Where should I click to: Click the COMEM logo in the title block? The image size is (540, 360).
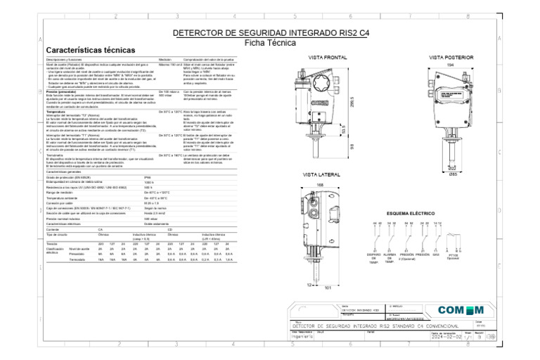click(461, 311)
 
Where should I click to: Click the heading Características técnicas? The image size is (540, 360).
click(91, 51)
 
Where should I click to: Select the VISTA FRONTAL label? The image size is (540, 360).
click(328, 56)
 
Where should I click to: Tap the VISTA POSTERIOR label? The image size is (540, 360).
click(451, 56)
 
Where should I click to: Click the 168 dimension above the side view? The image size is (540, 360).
click(321, 185)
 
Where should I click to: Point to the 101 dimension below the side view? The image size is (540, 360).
click(328, 286)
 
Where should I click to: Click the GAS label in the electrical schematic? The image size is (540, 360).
click(436, 255)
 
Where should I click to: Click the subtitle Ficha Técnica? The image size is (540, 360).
click(270, 42)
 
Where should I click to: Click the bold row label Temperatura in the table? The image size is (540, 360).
click(56, 111)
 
